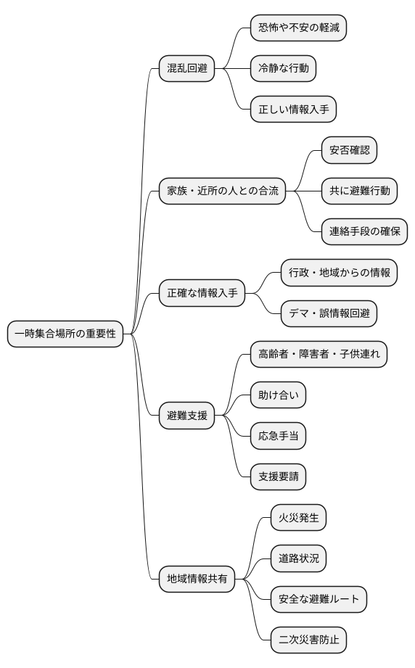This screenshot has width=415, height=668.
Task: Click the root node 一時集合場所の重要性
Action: coord(65,334)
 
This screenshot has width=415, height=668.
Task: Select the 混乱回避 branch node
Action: coord(187,69)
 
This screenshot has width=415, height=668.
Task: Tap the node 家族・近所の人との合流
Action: coord(223,191)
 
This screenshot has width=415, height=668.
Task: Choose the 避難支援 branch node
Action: coord(187,416)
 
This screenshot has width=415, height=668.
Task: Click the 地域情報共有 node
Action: coord(197,579)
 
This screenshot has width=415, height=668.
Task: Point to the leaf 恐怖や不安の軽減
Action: coord(297,28)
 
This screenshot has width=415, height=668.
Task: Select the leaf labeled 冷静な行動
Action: coord(283,69)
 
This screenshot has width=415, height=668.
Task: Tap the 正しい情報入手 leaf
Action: coord(293,110)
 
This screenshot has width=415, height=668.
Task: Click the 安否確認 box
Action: coord(349,150)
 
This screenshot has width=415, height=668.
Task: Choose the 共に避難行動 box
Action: coord(359,191)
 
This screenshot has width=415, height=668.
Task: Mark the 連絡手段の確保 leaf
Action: coord(364,232)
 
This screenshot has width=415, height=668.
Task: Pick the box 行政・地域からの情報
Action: coord(339,273)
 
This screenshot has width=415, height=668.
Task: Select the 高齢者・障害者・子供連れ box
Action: coord(319,354)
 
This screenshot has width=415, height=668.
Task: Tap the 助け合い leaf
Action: coord(278,395)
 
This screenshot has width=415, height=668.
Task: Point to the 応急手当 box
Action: coord(278,436)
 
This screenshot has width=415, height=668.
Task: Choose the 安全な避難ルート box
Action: coord(319,599)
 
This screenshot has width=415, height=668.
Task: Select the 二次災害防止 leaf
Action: coord(308,640)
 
